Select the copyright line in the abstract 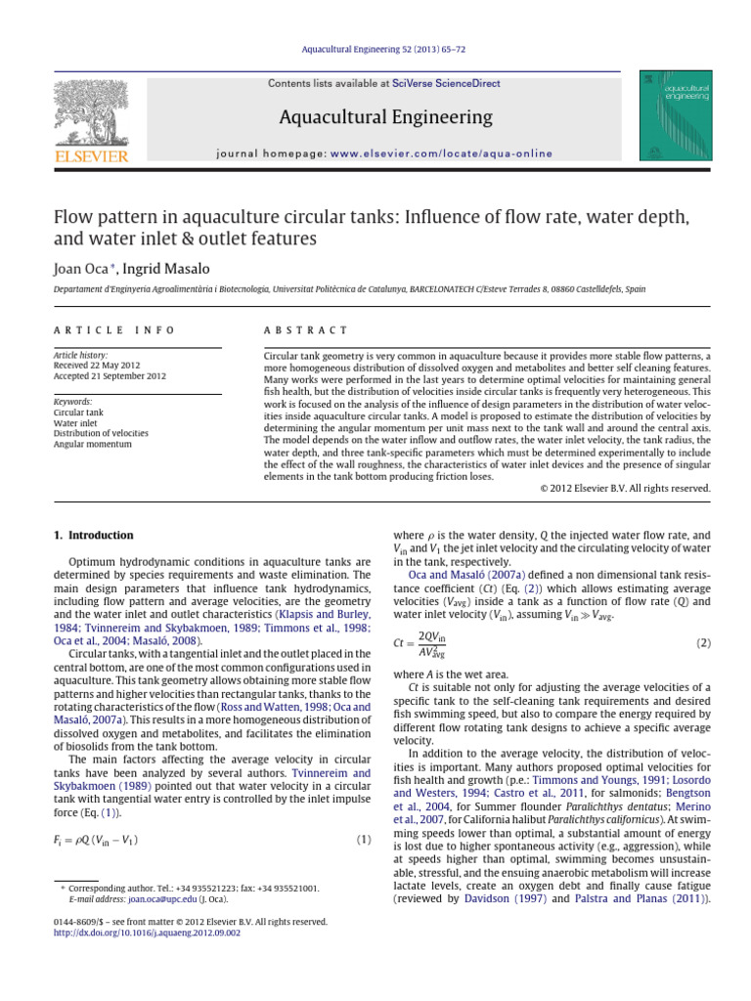[x=625, y=488]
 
